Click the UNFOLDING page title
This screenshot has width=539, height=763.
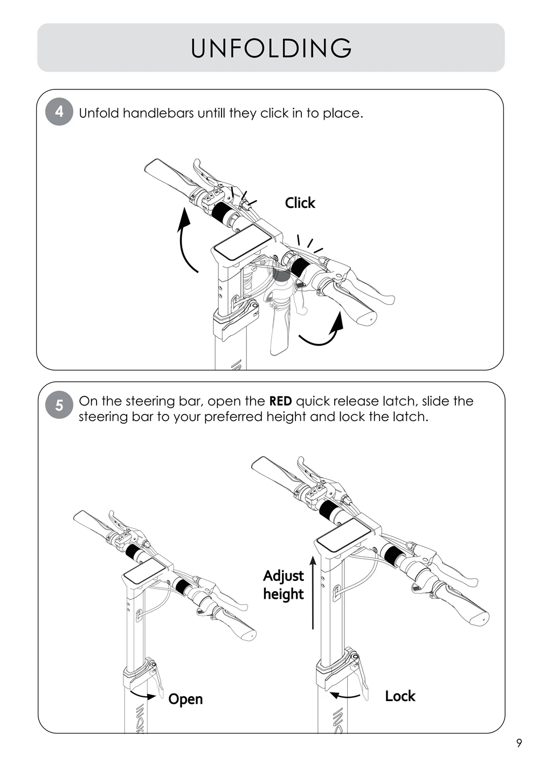point(271,48)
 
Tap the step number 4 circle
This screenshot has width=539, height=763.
point(59,112)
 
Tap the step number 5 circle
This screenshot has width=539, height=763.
point(59,404)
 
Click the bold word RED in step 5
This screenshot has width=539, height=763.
point(280,401)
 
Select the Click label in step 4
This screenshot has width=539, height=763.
point(300,203)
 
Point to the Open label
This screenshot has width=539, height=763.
point(185,699)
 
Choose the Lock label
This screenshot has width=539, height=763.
point(400,696)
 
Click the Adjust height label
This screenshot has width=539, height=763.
point(284,585)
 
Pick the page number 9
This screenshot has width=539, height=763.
point(519,743)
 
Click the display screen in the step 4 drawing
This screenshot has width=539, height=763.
point(238,245)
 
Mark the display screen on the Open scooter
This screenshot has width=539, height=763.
point(143,571)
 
